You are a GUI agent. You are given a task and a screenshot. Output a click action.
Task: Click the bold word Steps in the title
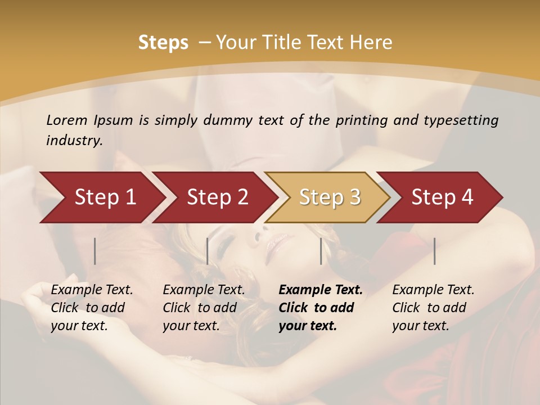(163, 43)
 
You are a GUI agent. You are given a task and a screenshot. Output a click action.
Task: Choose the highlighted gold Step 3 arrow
(330, 197)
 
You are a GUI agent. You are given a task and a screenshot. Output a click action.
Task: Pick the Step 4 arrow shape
(442, 197)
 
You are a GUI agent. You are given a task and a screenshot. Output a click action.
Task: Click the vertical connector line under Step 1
(95, 251)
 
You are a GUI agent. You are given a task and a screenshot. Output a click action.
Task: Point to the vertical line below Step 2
(208, 251)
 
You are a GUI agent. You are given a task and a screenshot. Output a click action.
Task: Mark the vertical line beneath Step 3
(321, 251)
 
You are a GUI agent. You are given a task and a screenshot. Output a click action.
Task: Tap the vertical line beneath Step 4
(434, 251)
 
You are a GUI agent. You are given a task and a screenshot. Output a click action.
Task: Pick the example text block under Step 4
(433, 308)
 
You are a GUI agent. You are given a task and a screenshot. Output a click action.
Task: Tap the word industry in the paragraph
(74, 141)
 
